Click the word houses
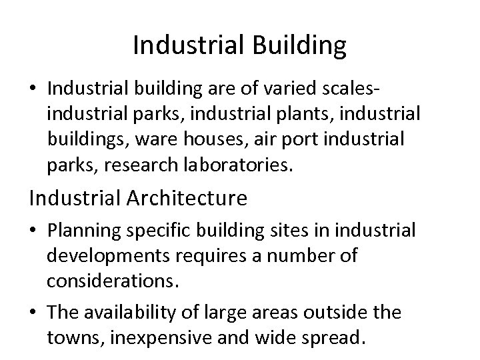coord(223,139)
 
